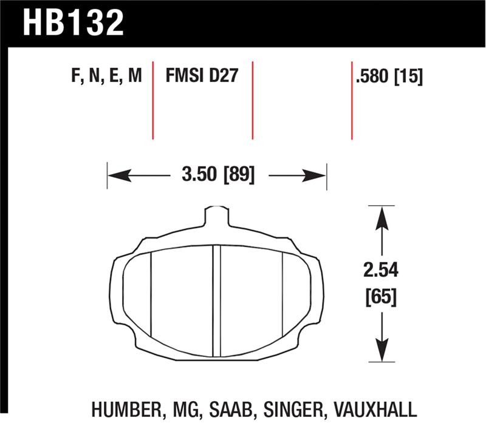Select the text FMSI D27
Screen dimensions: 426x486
point(201,76)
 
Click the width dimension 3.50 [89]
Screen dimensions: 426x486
point(217,176)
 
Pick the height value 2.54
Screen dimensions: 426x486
point(381,269)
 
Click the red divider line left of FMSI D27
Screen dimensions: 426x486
point(152,100)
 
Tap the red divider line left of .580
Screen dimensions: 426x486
point(352,100)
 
